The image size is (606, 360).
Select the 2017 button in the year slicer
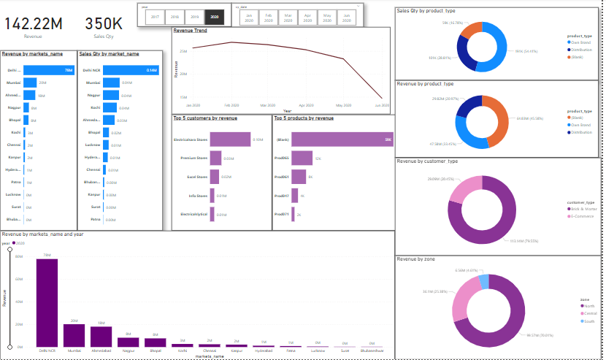[155, 15]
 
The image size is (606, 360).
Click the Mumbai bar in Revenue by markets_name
[30, 83]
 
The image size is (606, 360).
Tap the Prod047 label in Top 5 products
[282, 196]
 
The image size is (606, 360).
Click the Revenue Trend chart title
[191, 31]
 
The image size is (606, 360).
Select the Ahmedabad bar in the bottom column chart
[101, 336]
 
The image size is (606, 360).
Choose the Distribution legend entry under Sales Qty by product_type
[583, 50]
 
